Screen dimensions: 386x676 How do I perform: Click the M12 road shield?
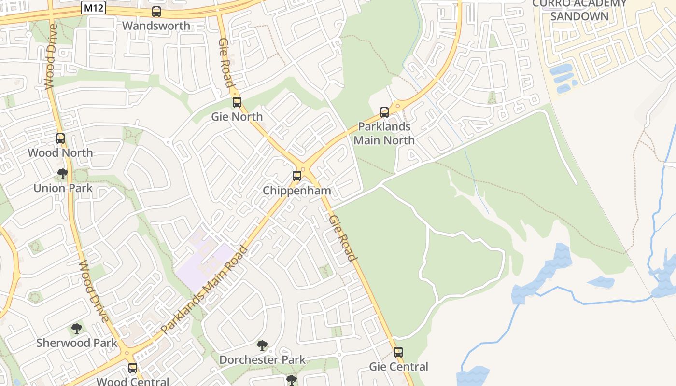tap(93, 8)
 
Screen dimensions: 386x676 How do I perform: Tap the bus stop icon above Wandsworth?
tap(156, 12)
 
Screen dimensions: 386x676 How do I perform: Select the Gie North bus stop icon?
tap(237, 102)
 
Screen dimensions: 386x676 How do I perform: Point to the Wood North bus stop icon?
tap(60, 138)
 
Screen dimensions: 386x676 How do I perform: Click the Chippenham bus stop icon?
tap(296, 176)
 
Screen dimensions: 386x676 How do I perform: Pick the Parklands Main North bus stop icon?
tap(384, 112)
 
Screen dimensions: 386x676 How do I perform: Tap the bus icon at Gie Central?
tap(398, 352)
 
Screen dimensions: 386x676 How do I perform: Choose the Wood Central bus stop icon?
tap(132, 368)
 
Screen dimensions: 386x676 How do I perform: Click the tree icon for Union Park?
tap(62, 174)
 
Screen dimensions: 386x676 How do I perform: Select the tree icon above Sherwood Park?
tap(76, 329)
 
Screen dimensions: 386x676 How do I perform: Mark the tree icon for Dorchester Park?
tap(262, 345)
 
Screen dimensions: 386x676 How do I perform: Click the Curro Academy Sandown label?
tap(579, 10)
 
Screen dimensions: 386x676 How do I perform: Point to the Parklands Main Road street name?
tap(205, 289)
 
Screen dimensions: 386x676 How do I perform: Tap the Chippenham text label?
tap(296, 191)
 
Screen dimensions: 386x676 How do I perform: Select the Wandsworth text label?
tap(155, 26)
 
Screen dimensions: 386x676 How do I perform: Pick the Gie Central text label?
tap(398, 367)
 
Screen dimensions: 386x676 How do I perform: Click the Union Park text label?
tap(63, 188)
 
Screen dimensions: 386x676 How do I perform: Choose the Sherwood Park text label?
tap(77, 343)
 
